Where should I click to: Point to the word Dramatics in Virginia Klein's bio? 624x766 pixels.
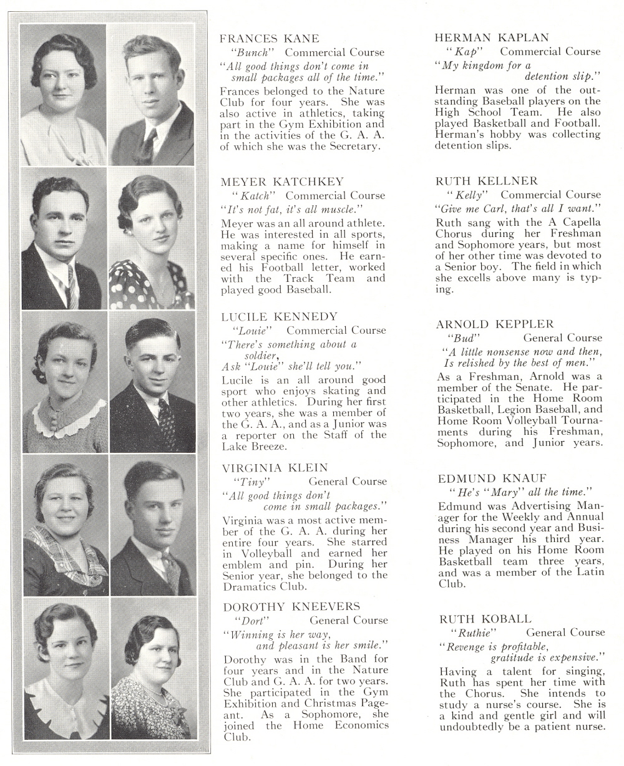[x=250, y=586]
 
